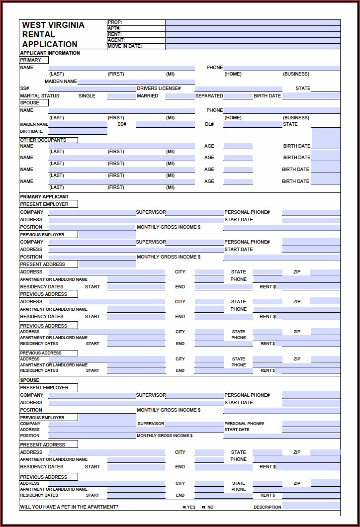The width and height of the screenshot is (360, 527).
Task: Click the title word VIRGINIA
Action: pos(67,25)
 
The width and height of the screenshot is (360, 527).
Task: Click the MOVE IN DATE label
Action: pos(125,46)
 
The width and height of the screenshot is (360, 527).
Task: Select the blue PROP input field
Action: pos(253,22)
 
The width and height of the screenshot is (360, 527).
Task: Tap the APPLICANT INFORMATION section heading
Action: pos(50,53)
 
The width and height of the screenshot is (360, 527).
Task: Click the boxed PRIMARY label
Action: pos(31,60)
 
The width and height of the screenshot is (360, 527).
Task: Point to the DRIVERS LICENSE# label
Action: pos(159,88)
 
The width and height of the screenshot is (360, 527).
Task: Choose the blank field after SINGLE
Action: pos(121,96)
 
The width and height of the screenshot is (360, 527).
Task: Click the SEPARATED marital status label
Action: pos(209,96)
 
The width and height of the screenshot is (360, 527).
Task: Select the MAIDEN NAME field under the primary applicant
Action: pos(136,82)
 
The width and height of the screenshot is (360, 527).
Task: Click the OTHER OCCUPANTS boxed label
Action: pos(43,140)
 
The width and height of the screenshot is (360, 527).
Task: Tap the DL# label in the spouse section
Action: pos(209,124)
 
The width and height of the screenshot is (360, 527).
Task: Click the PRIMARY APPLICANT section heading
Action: pos(44,197)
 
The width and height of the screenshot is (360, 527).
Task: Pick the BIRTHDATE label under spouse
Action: pos(31,132)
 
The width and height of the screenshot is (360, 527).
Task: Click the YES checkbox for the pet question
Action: pos(184,508)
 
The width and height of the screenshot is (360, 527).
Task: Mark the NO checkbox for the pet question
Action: pos(203,508)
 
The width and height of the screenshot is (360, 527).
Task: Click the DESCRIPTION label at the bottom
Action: pos(268,508)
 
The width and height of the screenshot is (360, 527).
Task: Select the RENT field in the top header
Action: pos(253,34)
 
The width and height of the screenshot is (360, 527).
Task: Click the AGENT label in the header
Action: pos(116,40)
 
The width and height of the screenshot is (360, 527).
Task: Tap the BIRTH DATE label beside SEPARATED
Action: pos(268,96)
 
